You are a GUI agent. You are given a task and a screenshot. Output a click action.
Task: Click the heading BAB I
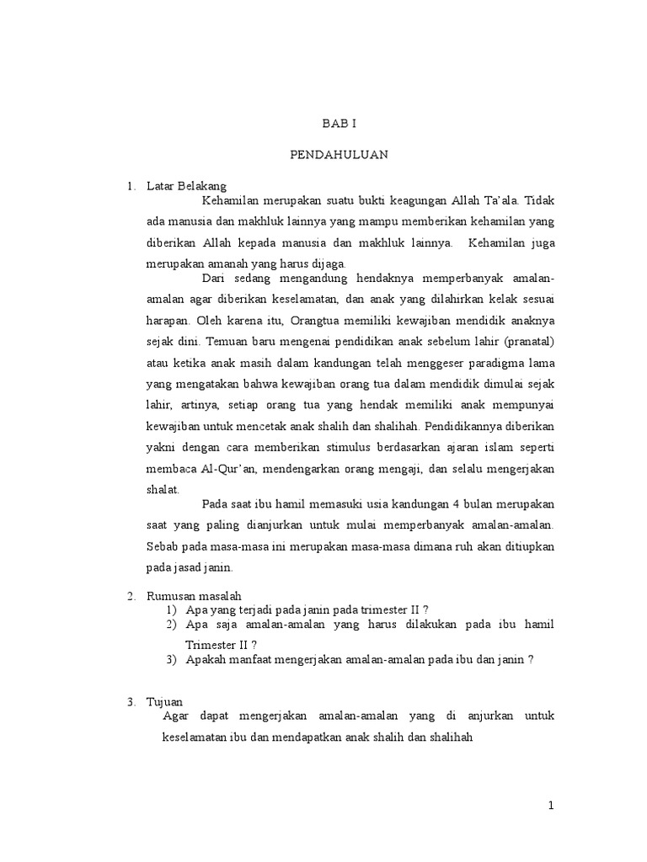pyautogui.click(x=340, y=124)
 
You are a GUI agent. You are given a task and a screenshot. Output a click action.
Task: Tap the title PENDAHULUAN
pyautogui.click(x=340, y=156)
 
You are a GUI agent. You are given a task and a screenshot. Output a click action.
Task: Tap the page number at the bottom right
pyautogui.click(x=551, y=806)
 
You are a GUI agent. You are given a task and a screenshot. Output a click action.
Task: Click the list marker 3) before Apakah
pyautogui.click(x=172, y=660)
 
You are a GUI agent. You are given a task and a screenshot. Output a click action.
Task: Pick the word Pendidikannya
pyautogui.click(x=479, y=426)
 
